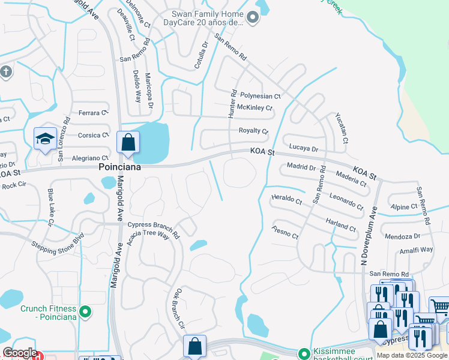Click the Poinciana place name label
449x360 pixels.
click(120, 167)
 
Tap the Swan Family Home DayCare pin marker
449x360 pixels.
click(253, 18)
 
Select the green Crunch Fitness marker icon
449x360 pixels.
click(85, 311)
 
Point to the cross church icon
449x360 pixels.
click(6, 72)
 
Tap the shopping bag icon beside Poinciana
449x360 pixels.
click(128, 143)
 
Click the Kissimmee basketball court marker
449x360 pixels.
click(305, 353)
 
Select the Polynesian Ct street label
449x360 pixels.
click(260, 96)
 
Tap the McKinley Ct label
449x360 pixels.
click(255, 108)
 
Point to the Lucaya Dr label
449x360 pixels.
click(303, 148)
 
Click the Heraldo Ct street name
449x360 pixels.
click(286, 199)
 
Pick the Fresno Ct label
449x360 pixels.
click(285, 232)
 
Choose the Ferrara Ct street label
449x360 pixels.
click(93, 112)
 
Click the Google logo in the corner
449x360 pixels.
click(19, 353)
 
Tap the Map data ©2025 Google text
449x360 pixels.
click(411, 355)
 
